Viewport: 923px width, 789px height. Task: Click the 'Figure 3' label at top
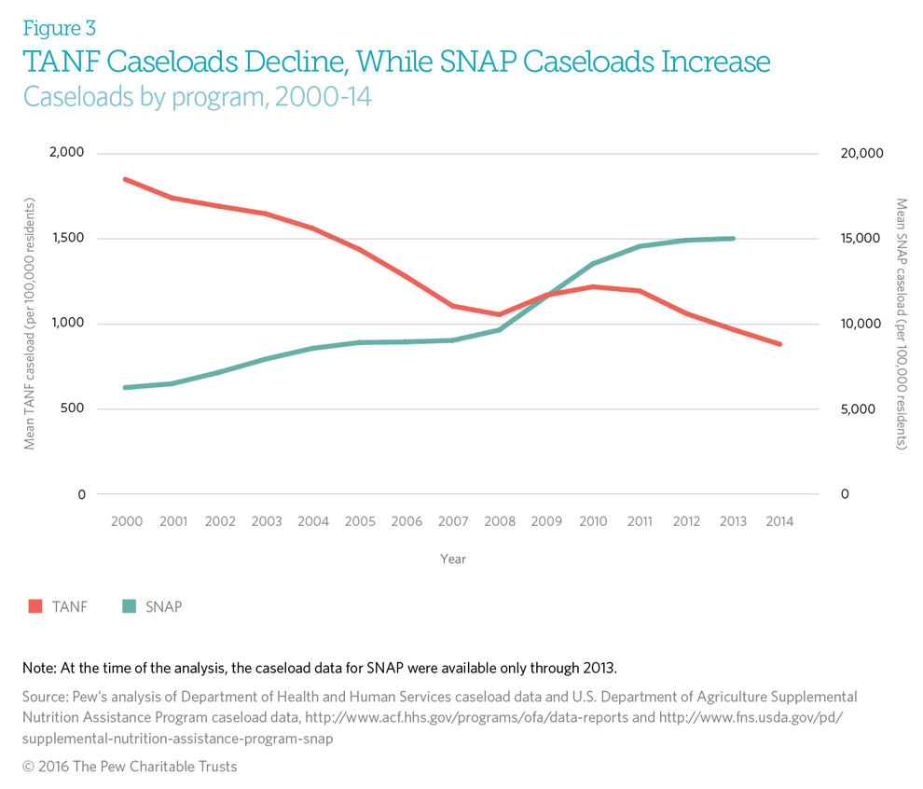point(59,29)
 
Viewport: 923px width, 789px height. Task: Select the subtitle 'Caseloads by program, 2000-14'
point(197,96)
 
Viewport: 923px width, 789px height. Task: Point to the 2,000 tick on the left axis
point(66,153)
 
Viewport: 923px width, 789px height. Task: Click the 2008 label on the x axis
point(500,522)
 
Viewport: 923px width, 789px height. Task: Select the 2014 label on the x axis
point(779,522)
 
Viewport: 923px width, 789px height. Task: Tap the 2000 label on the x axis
point(127,522)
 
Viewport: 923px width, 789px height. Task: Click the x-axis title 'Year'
point(453,560)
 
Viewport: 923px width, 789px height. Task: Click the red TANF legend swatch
point(35,606)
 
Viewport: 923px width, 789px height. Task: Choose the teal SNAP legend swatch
point(130,606)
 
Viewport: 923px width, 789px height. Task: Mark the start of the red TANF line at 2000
point(126,179)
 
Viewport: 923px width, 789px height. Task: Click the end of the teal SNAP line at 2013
point(734,239)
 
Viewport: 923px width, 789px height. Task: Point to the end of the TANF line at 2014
point(779,344)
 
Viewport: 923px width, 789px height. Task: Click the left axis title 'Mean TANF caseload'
point(30,324)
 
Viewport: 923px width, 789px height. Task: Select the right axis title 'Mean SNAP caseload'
point(901,324)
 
